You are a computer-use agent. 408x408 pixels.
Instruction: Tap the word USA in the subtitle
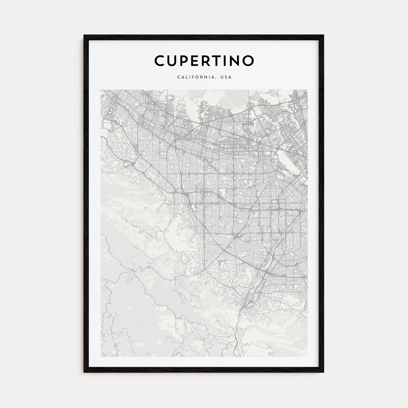pyautogui.click(x=226, y=78)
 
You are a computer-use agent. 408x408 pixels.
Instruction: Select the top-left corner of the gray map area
pyautogui.click(x=101, y=90)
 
